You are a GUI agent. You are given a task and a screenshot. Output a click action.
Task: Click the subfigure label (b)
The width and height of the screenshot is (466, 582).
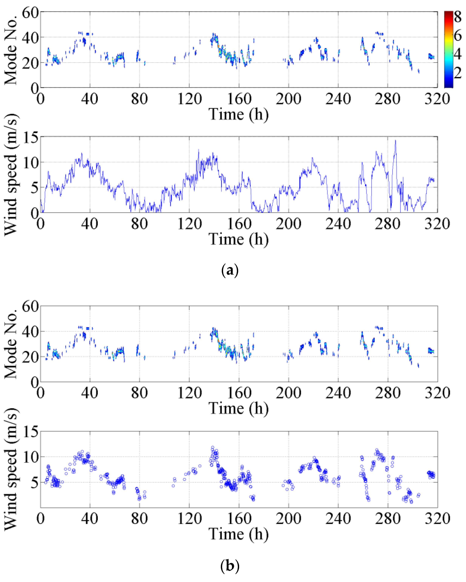click(230, 565)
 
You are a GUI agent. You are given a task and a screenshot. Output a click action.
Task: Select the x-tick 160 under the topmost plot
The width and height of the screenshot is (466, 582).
click(239, 99)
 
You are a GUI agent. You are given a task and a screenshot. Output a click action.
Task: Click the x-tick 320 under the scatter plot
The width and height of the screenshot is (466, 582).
click(437, 518)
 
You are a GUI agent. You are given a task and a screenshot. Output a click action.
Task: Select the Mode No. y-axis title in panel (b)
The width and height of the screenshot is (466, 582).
click(11, 344)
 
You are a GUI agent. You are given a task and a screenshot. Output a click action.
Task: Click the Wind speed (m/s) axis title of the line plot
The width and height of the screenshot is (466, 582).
click(11, 175)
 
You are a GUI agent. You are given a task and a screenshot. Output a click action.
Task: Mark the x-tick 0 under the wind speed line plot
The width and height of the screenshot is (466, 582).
click(41, 224)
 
